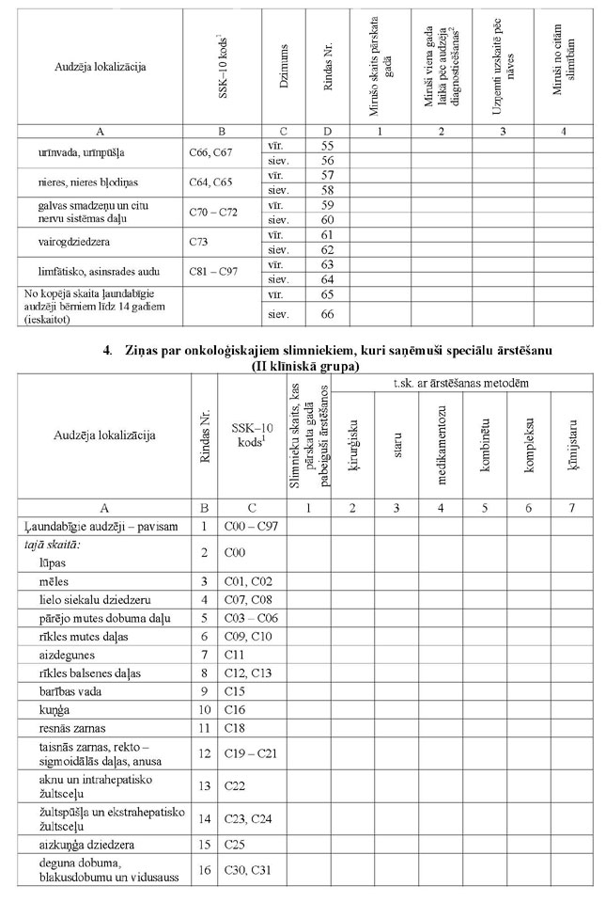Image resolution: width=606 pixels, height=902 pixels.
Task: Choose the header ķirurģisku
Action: tap(350, 435)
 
